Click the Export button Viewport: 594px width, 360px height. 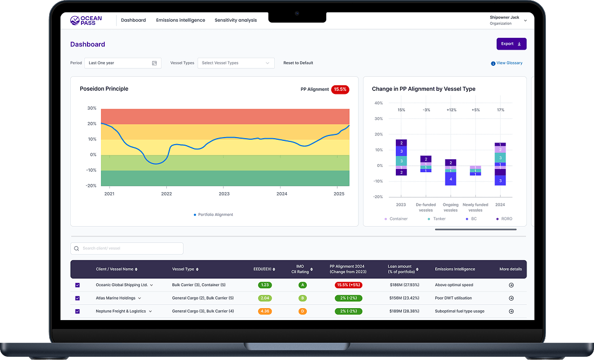click(x=511, y=44)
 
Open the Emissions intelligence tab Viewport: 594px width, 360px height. click(x=180, y=21)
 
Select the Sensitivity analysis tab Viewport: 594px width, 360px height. click(x=235, y=21)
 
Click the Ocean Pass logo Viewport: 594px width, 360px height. click(x=86, y=21)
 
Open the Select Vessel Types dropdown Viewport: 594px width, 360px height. click(x=236, y=63)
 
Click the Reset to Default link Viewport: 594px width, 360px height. click(x=298, y=63)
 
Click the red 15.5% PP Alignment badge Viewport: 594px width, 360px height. click(x=340, y=89)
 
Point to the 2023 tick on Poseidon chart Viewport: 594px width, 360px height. click(x=224, y=193)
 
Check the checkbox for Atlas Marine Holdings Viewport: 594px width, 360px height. click(x=77, y=298)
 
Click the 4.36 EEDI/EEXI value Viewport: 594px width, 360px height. click(x=265, y=311)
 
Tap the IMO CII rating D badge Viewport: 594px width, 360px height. click(x=303, y=311)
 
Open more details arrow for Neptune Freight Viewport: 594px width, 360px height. click(x=511, y=311)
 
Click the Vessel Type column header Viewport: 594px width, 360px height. click(x=185, y=269)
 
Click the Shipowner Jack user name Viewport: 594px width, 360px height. click(x=504, y=18)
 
